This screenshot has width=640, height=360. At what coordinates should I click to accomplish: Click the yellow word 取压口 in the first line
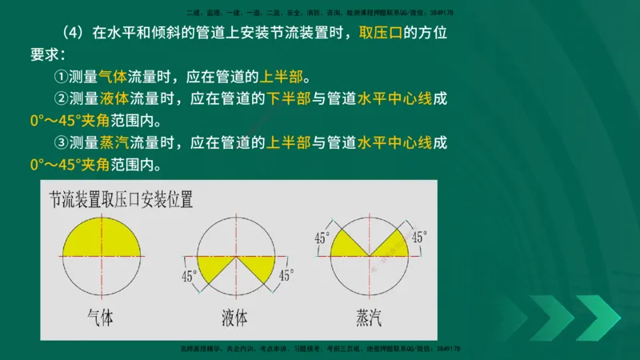[386, 34]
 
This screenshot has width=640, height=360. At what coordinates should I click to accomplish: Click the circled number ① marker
[61, 78]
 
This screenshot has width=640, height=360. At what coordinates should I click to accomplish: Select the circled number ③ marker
[61, 144]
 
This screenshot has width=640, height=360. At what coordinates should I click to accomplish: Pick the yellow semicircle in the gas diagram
[101, 238]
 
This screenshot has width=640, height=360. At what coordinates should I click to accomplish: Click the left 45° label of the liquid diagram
[190, 277]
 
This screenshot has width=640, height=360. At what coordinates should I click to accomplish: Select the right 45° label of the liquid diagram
[286, 276]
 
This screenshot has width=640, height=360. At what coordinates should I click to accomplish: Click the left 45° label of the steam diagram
[322, 238]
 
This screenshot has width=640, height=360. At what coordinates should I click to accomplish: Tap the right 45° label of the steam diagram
[419, 237]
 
